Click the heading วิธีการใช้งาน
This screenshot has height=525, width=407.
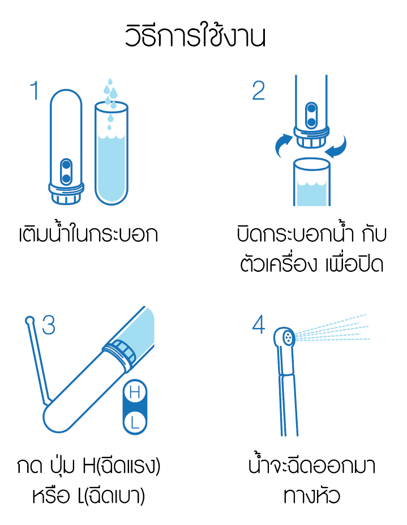195,35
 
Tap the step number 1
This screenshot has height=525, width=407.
35,91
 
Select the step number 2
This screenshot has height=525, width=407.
258,91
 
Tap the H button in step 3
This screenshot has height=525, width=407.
135,392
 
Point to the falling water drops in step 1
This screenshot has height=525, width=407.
110,102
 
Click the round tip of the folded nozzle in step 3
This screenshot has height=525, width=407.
30,320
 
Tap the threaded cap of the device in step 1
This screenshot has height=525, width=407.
66,194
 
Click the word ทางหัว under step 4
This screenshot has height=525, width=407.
311,496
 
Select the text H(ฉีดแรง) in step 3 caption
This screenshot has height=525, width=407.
122,466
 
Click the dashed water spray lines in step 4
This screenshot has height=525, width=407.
332,330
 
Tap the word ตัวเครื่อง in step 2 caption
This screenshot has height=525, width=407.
278,264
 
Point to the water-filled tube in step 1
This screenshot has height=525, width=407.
112,153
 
